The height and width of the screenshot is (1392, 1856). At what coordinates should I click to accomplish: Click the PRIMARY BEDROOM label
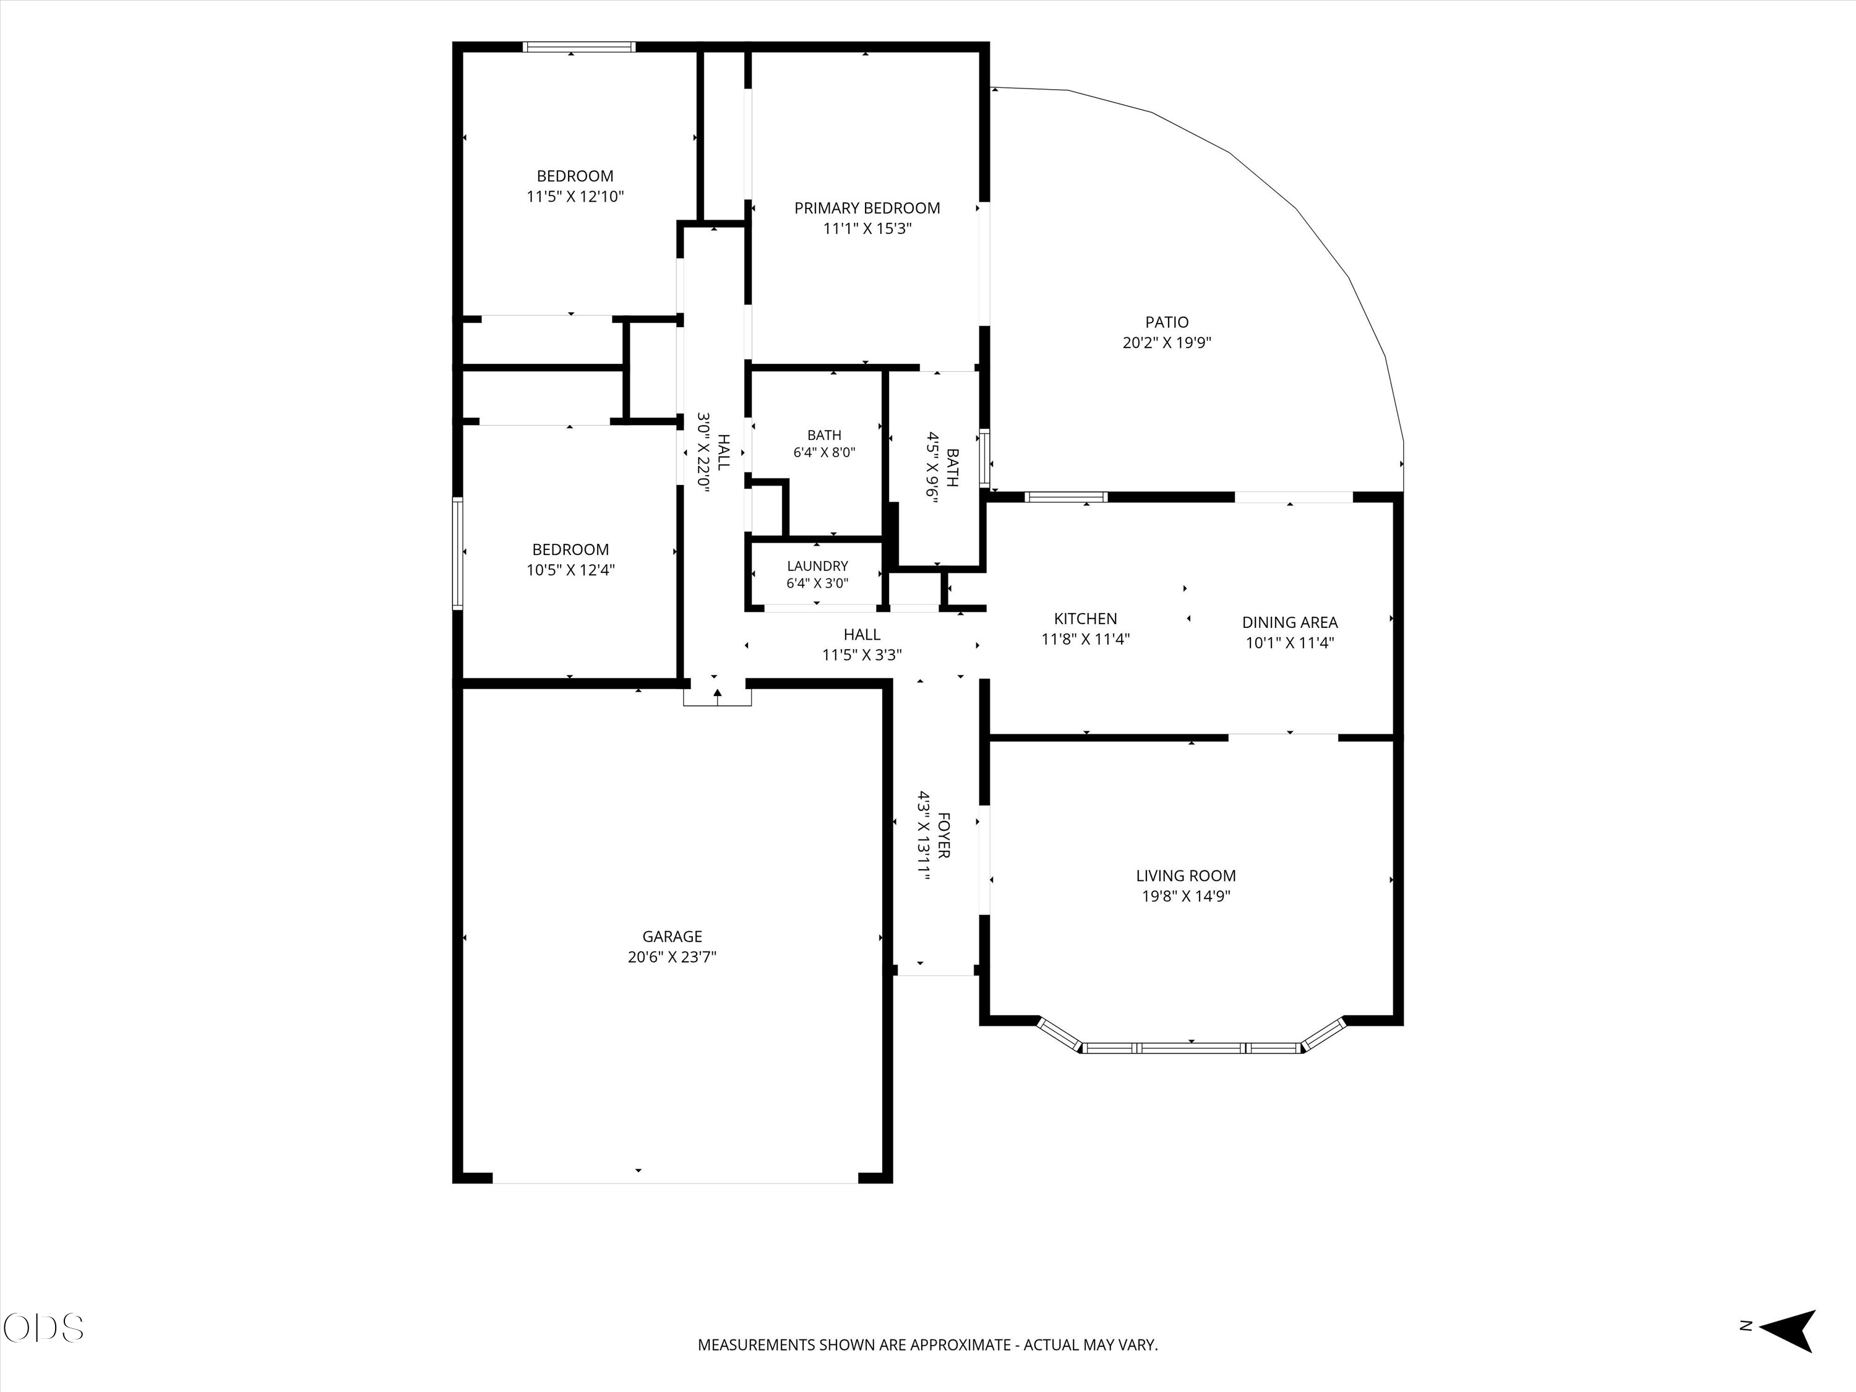[x=867, y=208]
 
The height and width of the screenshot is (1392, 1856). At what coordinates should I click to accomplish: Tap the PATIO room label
[x=1166, y=322]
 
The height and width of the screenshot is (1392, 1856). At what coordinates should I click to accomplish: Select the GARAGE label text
[x=672, y=937]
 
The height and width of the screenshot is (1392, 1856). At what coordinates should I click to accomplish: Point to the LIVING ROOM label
[x=1185, y=876]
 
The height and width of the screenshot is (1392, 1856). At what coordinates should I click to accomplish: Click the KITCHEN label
[x=1085, y=619]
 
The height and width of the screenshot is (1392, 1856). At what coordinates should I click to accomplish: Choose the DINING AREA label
[x=1290, y=622]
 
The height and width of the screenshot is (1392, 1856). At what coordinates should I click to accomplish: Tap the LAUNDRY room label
[x=817, y=566]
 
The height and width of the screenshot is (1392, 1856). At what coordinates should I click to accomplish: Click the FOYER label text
[x=943, y=835]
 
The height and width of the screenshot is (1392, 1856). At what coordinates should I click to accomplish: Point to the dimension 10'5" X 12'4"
[x=570, y=570]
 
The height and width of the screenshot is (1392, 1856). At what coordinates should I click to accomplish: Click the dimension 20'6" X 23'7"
[x=672, y=957]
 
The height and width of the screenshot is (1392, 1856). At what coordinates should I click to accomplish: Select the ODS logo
[x=44, y=1328]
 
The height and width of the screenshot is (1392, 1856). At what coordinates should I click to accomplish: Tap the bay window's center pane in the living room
[x=1191, y=1048]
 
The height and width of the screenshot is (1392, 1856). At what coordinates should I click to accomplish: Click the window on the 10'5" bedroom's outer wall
[x=458, y=553]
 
